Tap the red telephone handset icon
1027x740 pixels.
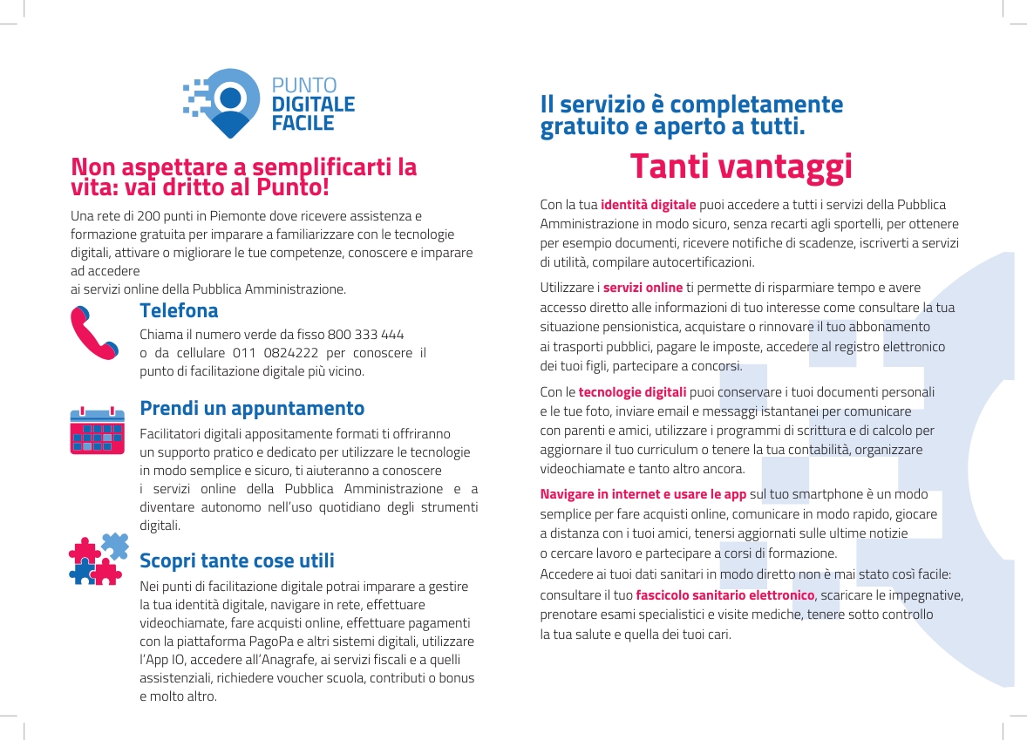(x=93, y=333)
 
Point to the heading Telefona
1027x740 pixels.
(x=179, y=311)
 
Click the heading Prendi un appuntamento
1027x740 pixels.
(x=252, y=408)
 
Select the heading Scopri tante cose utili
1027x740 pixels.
(x=237, y=560)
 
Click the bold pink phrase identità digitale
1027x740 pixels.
(x=648, y=205)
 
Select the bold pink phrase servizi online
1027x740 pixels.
(x=643, y=288)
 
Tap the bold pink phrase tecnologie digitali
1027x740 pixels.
(x=632, y=391)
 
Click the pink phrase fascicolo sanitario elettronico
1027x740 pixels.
(x=724, y=595)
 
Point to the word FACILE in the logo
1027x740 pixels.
(x=303, y=124)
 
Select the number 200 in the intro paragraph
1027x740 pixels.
(x=142, y=215)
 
